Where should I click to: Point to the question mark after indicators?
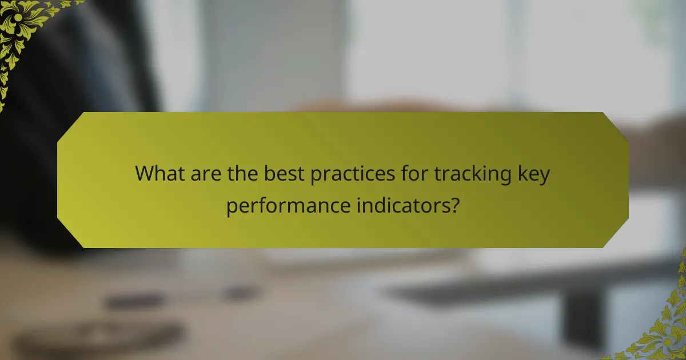[x=454, y=205]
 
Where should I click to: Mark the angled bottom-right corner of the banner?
[x=617, y=237]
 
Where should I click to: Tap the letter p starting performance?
[x=231, y=207]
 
